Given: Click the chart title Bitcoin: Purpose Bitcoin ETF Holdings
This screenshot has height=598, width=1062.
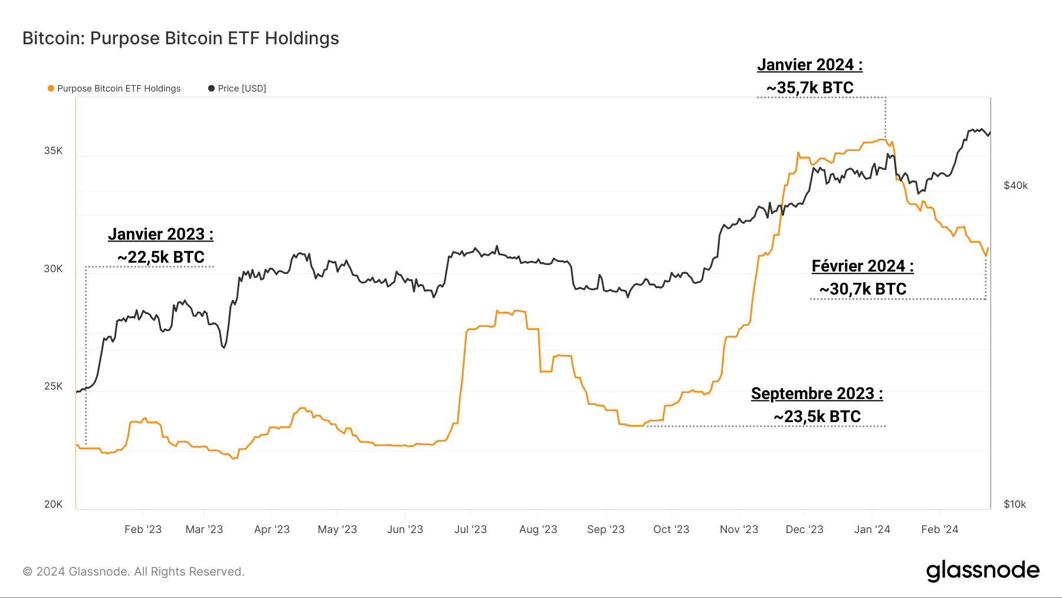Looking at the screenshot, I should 181,38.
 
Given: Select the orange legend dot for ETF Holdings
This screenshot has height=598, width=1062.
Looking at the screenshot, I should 51,89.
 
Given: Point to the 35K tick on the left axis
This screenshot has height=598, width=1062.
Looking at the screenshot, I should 53,151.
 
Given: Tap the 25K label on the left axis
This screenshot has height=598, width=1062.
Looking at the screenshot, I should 53,386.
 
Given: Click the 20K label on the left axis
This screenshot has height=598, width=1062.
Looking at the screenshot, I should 53,504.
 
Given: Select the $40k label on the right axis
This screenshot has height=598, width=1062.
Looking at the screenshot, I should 1015,185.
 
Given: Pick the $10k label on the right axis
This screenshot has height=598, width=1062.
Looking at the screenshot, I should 1015,504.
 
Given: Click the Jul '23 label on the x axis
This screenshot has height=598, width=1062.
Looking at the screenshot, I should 470,530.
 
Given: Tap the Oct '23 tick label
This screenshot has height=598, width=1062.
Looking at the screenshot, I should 671,530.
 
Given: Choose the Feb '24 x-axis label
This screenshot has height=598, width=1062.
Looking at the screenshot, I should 939,530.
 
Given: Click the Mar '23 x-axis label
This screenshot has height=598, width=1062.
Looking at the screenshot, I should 204,530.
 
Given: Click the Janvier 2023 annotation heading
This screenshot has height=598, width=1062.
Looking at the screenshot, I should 160,234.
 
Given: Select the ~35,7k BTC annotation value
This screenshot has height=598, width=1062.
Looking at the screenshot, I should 809,88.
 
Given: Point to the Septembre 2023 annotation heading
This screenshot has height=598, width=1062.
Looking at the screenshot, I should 817,394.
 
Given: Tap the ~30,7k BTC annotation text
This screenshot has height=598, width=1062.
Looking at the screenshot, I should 863,289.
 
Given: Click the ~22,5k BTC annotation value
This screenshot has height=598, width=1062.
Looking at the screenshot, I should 160,257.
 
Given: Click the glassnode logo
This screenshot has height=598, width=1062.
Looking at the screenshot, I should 982,570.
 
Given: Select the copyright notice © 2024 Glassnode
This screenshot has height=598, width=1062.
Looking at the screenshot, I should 133,571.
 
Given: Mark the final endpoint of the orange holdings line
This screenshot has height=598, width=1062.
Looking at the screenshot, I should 988,248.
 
